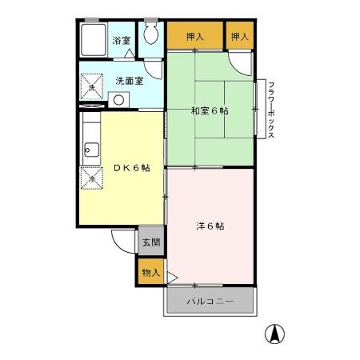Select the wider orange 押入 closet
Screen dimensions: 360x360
[x=194, y=36]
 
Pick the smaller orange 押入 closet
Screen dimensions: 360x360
[x=238, y=36]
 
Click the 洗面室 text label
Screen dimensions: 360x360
[x=129, y=81]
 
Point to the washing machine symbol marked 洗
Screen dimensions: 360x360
[x=92, y=87]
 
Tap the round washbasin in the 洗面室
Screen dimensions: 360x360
[x=119, y=100]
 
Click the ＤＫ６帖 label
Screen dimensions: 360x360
[x=131, y=167]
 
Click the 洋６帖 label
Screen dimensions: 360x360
[x=210, y=226]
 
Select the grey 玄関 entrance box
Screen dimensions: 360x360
[x=150, y=241]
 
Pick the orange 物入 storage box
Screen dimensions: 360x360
[x=150, y=272]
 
